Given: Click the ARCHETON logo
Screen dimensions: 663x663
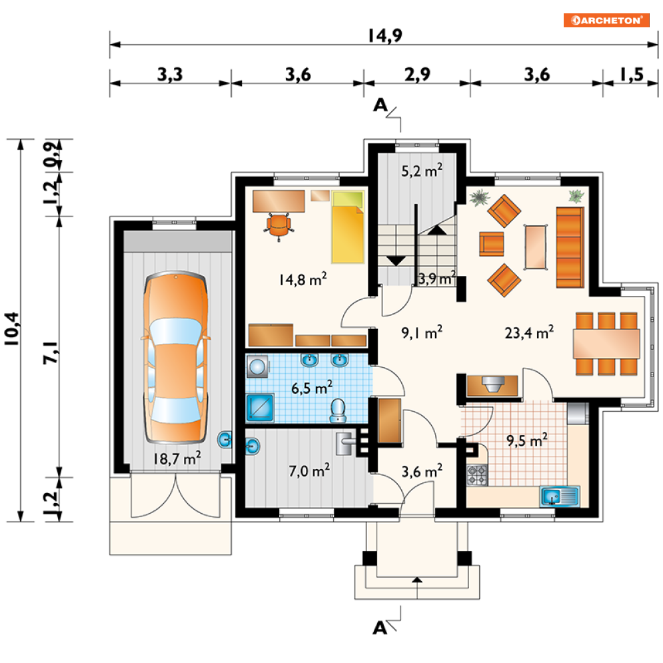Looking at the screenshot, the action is coord(606,20).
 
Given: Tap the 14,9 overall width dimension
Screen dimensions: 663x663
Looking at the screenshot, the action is coord(384,35).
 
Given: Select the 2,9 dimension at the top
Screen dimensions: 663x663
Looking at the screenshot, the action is coord(417,75).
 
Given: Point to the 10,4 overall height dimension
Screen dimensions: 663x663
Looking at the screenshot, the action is coord(12,329).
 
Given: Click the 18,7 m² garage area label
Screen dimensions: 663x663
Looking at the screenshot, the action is coord(177,458).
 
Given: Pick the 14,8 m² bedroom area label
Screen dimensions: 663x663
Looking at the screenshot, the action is coord(303,279).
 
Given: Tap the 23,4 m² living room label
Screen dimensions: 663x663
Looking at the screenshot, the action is coord(529,332).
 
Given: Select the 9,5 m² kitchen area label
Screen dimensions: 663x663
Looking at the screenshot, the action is coord(527,440).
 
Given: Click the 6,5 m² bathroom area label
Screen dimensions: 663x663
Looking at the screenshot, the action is coord(312,388).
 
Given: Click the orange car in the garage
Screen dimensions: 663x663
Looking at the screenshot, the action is coord(175,357).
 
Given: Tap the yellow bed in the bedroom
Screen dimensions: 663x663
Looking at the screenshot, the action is coord(348,227).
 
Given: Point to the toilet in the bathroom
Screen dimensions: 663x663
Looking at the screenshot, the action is coord(338,410).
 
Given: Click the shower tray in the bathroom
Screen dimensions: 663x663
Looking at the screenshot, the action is coord(260,408).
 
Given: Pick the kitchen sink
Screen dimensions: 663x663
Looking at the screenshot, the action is coord(560,496).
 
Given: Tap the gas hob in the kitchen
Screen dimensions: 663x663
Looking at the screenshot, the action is coord(477,475).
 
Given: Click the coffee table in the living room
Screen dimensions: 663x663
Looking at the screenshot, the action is coord(535,247).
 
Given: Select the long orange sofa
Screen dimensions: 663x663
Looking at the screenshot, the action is coord(570,247).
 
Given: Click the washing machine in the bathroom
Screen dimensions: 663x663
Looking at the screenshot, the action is coord(257,366).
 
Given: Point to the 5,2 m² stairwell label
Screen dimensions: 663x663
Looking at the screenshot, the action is coord(422,171).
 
